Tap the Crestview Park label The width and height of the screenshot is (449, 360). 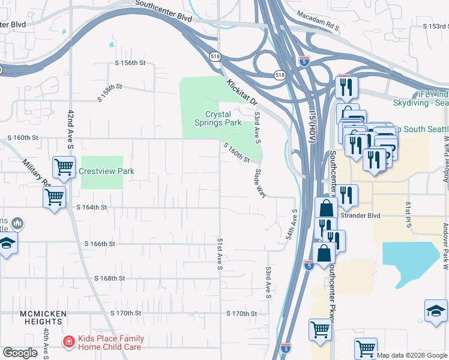pyautogui.click(x=106, y=171)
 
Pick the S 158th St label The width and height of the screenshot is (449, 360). pyautogui.click(x=110, y=92)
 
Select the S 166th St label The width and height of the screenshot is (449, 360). pyautogui.click(x=100, y=244)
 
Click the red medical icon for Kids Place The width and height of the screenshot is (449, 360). pyautogui.click(x=69, y=342)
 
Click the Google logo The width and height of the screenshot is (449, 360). pyautogui.click(x=20, y=353)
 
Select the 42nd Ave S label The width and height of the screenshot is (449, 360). pyautogui.click(x=70, y=130)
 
